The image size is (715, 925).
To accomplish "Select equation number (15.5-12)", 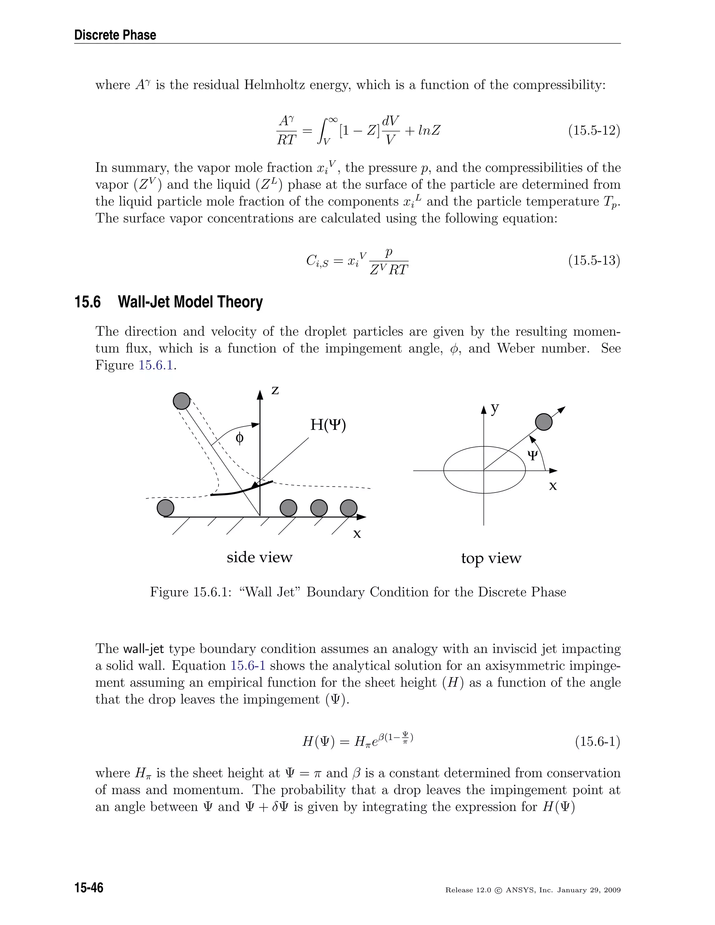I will [x=594, y=131].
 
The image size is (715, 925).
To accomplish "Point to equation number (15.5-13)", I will [x=594, y=260].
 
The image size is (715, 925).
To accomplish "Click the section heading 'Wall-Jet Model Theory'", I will [x=190, y=302].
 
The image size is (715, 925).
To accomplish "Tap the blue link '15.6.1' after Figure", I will [x=156, y=365].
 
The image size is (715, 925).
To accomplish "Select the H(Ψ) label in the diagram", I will [x=328, y=424].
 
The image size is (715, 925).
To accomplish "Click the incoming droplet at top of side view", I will [x=182, y=401].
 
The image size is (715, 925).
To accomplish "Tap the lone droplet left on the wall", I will [x=165, y=508].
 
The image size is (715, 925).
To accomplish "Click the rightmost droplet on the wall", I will [x=349, y=508].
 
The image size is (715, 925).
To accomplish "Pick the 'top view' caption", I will [x=491, y=558].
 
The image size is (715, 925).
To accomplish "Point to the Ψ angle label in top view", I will [x=532, y=456].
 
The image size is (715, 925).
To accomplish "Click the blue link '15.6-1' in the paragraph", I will [x=248, y=665].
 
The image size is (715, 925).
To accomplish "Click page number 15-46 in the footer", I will [x=89, y=887].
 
